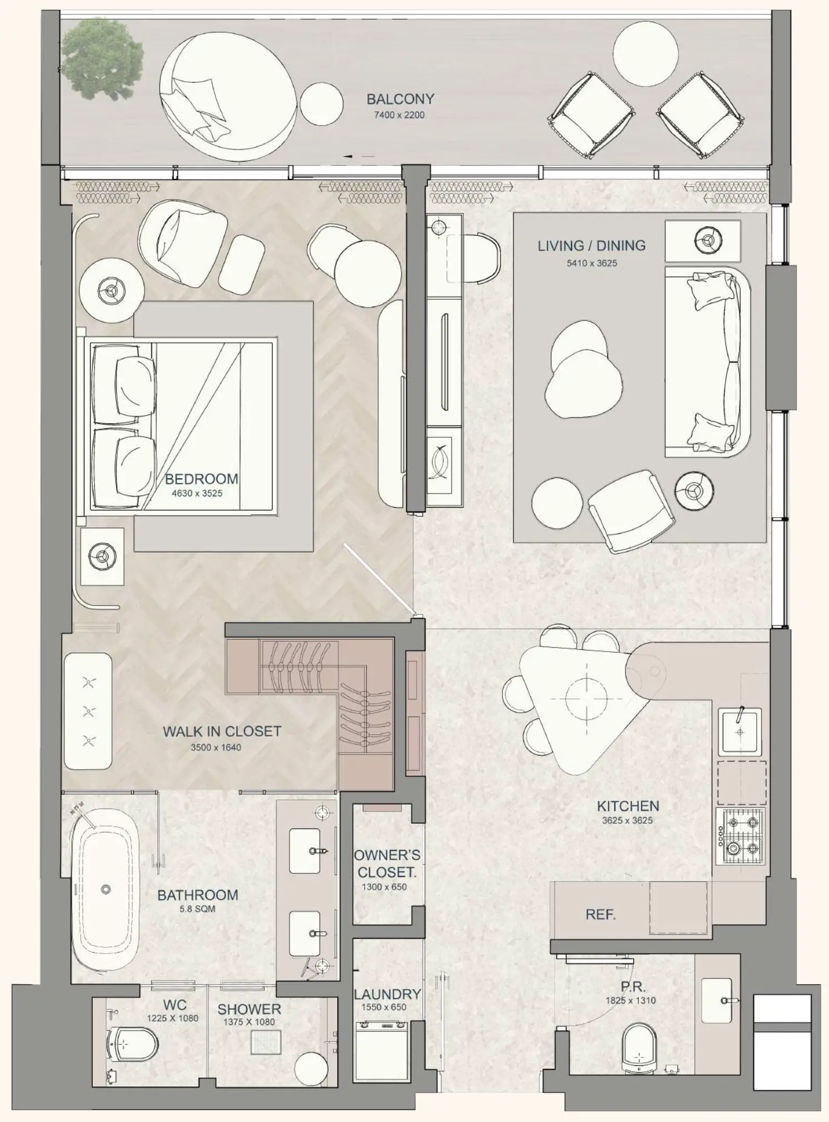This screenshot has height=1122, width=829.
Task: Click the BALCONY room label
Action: coord(400,99)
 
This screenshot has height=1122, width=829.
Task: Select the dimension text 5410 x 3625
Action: coord(592,263)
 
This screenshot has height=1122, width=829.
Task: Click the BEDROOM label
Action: coord(202,479)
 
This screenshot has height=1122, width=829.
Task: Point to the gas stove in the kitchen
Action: coord(741,836)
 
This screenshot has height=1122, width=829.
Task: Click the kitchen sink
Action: coord(740,731)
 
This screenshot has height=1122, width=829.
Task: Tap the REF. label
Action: coord(601,914)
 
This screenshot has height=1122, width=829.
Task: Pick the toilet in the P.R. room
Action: coord(640,1048)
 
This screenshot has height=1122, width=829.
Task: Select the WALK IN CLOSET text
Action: coord(222,732)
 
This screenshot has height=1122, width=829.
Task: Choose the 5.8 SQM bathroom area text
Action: coord(197,909)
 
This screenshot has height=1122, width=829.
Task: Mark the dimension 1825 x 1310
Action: coord(631,1000)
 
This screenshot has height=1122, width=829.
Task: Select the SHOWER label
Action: coord(249,1009)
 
